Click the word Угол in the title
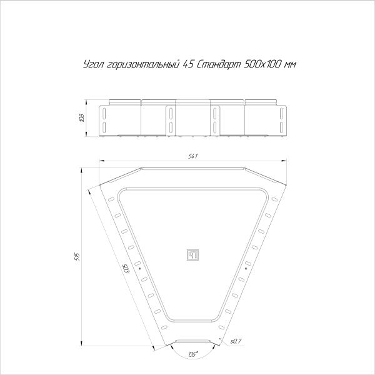tap(93, 64)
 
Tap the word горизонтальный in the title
tap(141, 64)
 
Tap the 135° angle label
tap(193, 354)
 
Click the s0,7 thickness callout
tap(236, 341)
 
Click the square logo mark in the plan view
tap(192, 254)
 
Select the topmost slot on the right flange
tap(273, 199)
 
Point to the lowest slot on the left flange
tap(164, 327)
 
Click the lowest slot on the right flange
tap(219, 327)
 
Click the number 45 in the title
tap(189, 64)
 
